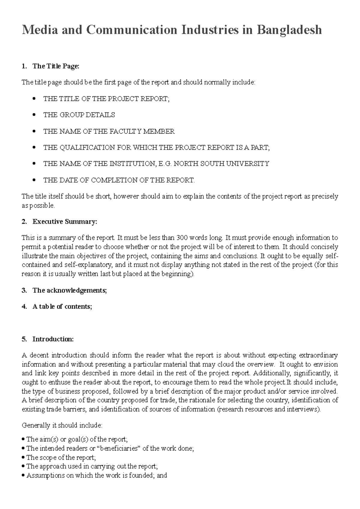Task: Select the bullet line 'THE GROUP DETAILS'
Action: click(x=79, y=115)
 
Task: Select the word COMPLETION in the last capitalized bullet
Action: click(x=112, y=180)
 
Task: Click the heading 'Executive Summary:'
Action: click(x=65, y=222)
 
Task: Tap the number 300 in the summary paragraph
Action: click(x=182, y=238)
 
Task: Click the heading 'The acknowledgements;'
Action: click(x=70, y=290)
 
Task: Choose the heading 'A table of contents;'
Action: click(x=62, y=306)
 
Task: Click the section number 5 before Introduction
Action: click(x=24, y=339)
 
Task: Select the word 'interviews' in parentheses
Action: click(x=303, y=409)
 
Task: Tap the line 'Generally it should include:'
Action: click(x=62, y=425)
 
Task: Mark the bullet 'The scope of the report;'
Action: click(x=61, y=457)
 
